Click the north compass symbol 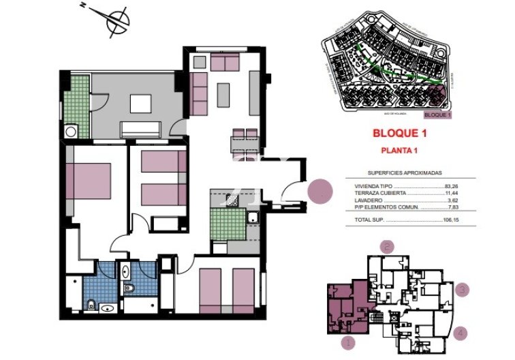coord(117,20)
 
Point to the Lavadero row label coord(369,200)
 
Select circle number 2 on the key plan coord(388,247)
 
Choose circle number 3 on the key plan coord(463,290)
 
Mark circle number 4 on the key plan coord(463,333)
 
